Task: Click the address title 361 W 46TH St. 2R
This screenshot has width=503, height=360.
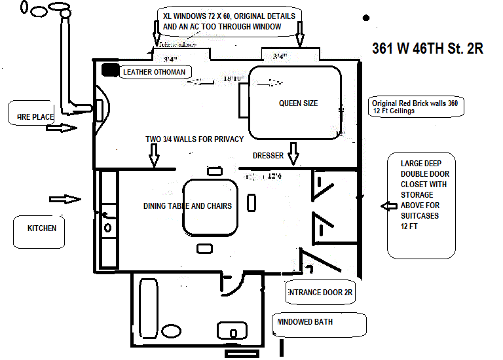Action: [428, 49]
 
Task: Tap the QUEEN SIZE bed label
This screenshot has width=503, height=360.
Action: [299, 103]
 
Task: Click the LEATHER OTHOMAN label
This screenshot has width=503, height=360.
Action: [155, 72]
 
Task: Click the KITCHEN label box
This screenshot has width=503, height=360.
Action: [41, 228]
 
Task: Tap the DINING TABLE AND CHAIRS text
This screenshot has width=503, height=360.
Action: [188, 206]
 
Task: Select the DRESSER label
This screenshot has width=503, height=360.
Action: [268, 156]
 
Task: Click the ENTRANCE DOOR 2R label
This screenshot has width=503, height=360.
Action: [320, 293]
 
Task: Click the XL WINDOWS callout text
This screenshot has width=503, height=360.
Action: [229, 21]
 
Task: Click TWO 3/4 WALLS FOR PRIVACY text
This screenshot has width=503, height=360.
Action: [195, 139]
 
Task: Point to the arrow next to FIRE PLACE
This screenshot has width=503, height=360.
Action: [62, 128]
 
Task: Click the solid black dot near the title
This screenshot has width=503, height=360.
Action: [365, 18]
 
